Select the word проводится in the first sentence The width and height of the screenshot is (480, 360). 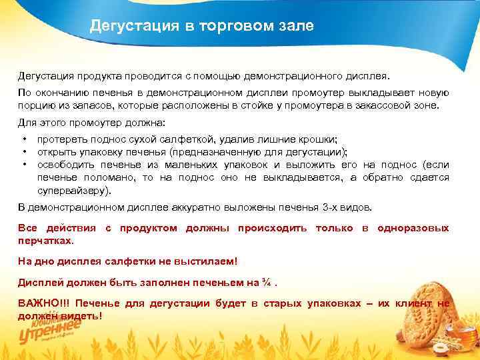point(137,76)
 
